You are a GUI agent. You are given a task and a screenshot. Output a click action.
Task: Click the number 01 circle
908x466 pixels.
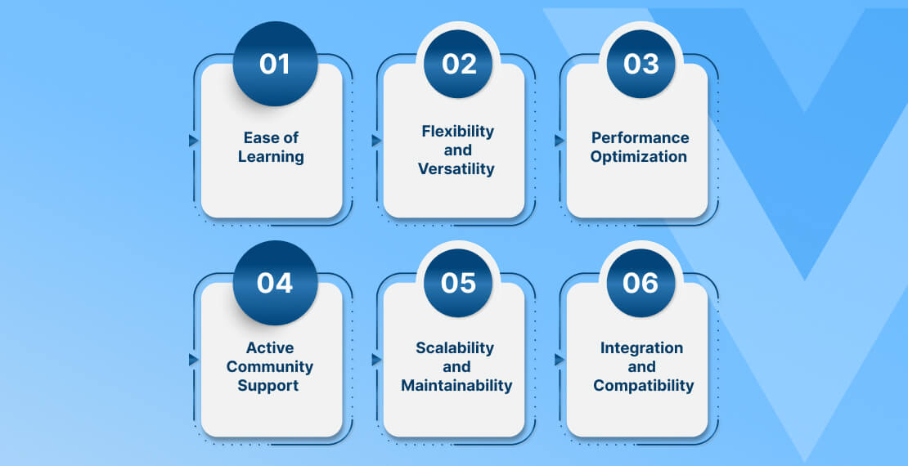click(x=275, y=64)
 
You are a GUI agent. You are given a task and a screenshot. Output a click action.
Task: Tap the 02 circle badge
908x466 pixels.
click(x=458, y=64)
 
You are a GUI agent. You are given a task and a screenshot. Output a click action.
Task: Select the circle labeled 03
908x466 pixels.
click(x=641, y=64)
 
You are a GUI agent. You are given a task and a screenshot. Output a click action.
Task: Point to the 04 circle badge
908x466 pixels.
click(x=275, y=283)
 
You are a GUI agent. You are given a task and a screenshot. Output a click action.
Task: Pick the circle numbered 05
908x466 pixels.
click(x=458, y=283)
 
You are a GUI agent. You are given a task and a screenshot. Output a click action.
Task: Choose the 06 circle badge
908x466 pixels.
click(x=641, y=283)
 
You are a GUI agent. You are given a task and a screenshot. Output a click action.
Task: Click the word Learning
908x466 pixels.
click(x=271, y=157)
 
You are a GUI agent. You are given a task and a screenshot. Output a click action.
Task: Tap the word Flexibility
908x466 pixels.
click(x=457, y=132)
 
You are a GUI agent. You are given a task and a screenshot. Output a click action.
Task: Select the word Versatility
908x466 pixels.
click(x=456, y=169)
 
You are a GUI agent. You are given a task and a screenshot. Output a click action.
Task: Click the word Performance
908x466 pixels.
click(x=640, y=138)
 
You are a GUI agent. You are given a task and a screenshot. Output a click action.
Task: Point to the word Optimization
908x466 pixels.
click(x=639, y=157)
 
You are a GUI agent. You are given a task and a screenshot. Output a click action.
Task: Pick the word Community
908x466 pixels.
click(x=270, y=366)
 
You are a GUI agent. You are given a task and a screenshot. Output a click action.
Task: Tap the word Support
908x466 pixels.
click(x=268, y=386)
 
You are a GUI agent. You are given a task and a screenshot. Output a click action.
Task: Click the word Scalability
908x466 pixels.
click(x=455, y=348)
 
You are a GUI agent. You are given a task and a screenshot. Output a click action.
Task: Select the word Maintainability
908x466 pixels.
click(x=457, y=386)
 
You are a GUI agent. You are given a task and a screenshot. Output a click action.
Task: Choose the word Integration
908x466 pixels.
click(x=641, y=348)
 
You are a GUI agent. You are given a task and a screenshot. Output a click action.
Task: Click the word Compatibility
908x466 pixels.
click(x=643, y=386)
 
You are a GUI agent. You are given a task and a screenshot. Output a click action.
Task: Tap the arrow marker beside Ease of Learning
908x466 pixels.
click(x=193, y=141)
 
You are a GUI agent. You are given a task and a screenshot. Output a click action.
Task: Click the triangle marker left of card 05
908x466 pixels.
click(x=376, y=360)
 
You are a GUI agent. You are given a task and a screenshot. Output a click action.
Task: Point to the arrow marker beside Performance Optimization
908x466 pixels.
click(x=560, y=141)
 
